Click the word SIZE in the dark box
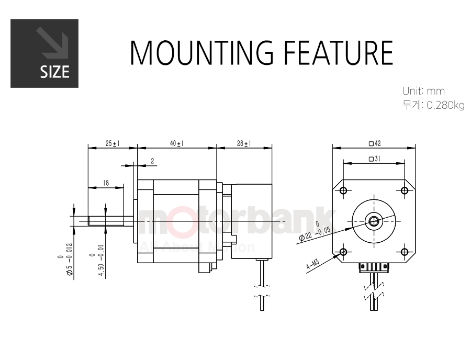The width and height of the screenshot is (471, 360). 54,72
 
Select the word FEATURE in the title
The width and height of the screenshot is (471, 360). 339,52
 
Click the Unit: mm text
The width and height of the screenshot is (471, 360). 423,91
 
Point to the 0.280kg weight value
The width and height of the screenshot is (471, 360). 445,105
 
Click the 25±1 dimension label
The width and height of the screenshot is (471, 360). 113,143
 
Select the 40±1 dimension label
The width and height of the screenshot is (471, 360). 177,143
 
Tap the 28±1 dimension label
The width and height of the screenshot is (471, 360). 244,143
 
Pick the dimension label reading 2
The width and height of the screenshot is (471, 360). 153,161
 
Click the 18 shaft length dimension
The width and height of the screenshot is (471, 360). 106,183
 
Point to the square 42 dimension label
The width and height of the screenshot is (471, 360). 375,143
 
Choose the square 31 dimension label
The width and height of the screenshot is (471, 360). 374,159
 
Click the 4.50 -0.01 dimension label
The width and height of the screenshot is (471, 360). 97,260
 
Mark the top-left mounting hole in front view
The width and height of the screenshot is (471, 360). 344,190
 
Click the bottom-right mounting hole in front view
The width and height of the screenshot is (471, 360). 405,252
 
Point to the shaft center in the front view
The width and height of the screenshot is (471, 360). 374,221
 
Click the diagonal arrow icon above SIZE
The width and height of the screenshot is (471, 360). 52,43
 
